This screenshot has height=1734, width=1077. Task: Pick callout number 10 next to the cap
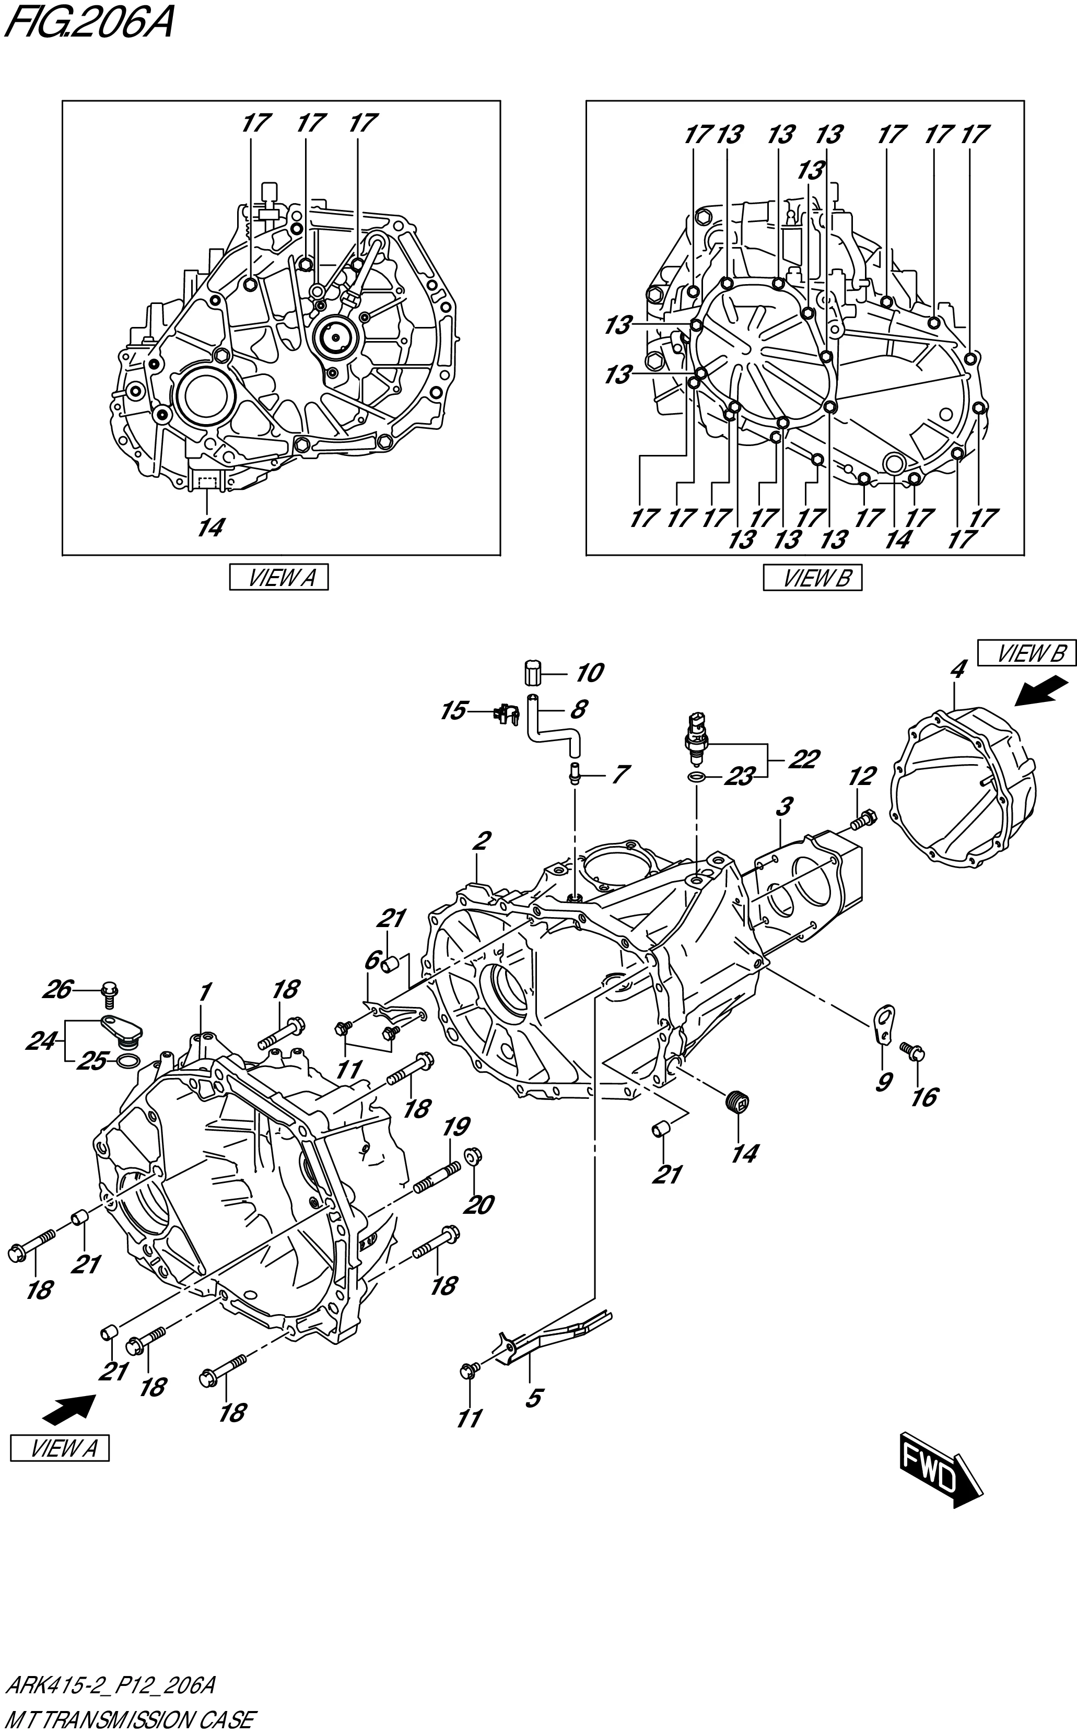(x=589, y=672)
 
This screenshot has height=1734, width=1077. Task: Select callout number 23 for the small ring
(x=739, y=777)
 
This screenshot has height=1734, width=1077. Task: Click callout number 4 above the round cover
(x=957, y=670)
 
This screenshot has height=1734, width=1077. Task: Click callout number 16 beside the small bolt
(x=924, y=1097)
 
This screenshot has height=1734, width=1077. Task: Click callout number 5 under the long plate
(x=533, y=1398)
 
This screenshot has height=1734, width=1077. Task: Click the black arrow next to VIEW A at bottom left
(x=69, y=1409)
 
